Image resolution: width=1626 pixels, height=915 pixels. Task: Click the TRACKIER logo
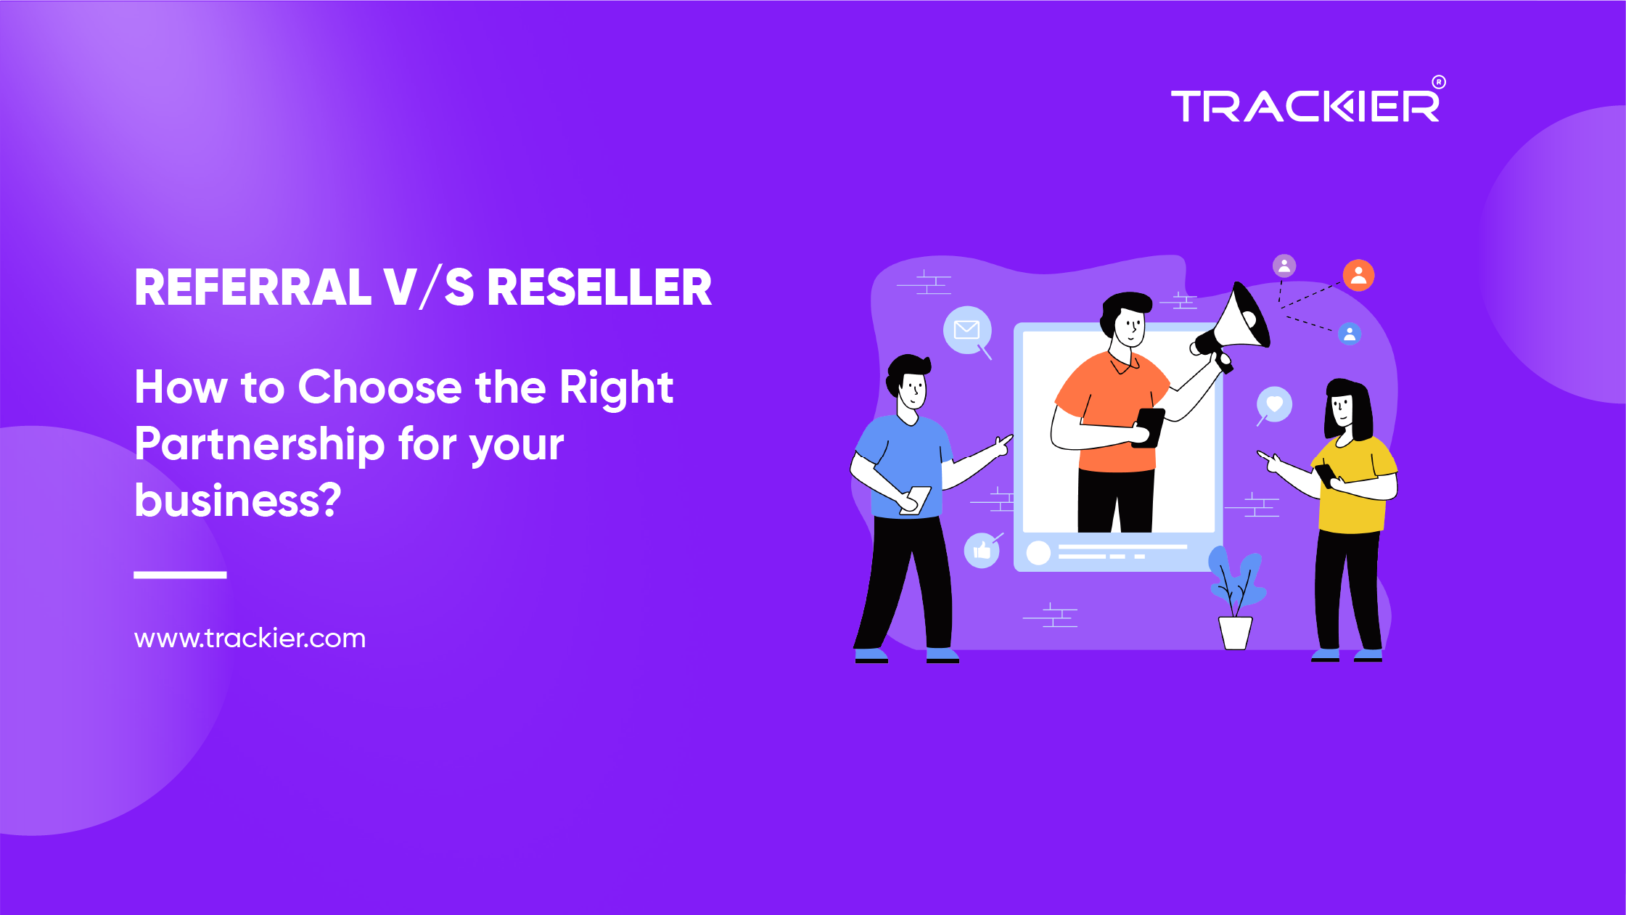(1305, 107)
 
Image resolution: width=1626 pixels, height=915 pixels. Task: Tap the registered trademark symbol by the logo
(1438, 82)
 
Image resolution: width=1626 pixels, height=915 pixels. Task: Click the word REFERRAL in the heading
(252, 288)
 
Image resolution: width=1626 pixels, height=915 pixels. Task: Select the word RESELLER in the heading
(599, 288)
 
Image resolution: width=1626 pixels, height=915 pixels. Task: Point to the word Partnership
(259, 444)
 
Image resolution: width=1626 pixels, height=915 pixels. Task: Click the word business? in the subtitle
(237, 500)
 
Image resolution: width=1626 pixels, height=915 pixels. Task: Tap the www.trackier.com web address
(250, 639)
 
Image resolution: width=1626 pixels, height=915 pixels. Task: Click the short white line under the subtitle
(180, 575)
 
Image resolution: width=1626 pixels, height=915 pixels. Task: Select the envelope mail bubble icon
(966, 330)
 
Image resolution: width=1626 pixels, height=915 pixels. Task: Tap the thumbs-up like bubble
(982, 551)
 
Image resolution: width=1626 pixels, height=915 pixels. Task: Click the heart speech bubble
(1275, 404)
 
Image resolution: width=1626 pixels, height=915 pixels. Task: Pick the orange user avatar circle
(1358, 276)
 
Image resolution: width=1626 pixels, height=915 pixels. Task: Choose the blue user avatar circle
(1350, 334)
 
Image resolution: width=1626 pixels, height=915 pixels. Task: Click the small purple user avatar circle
(1284, 266)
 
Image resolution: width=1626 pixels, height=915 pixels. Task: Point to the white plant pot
(1235, 632)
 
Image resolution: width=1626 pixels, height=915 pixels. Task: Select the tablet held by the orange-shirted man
(1149, 427)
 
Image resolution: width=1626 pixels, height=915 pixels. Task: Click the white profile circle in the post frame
(1038, 553)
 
